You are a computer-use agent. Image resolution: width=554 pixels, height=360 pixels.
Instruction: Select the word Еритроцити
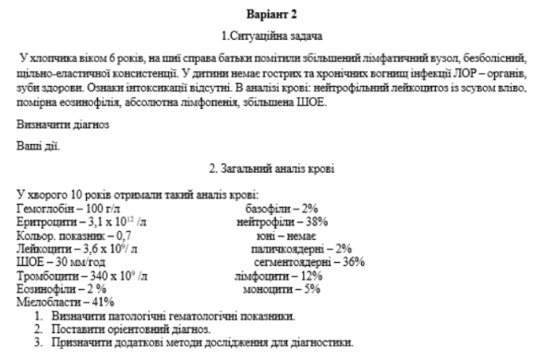tap(46, 222)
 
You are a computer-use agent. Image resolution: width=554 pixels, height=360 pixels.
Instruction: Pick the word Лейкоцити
tap(44, 248)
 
